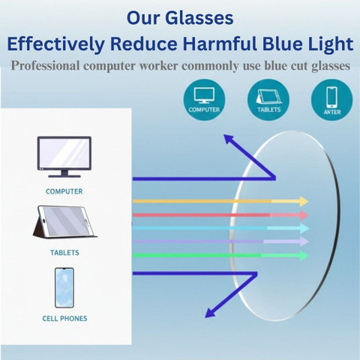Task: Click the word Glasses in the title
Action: click(x=199, y=18)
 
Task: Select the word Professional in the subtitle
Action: click(x=45, y=66)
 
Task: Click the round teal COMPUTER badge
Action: click(x=204, y=100)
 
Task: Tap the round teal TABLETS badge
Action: click(x=268, y=100)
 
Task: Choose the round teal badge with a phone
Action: click(x=332, y=100)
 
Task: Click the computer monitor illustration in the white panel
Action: click(x=64, y=157)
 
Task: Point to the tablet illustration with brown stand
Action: click(x=64, y=221)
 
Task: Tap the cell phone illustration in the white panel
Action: click(x=64, y=287)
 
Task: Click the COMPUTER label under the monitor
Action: click(x=64, y=191)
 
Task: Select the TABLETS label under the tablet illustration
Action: click(x=64, y=253)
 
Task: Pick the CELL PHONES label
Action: click(x=64, y=319)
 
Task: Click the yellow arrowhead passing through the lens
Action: click(x=304, y=201)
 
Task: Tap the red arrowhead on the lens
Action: click(x=304, y=215)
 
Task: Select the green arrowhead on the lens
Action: click(x=304, y=256)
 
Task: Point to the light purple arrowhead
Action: click(x=304, y=241)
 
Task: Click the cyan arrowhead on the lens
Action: click(x=304, y=228)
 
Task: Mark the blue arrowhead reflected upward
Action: click(x=229, y=139)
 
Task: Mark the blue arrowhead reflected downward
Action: click(x=210, y=313)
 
